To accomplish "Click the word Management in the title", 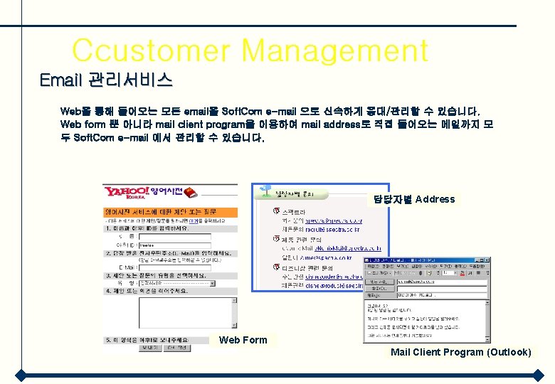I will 335,51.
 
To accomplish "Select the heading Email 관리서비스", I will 106,79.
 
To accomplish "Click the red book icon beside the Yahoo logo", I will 191,192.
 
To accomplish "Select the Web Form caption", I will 243,340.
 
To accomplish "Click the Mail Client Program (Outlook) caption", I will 460,352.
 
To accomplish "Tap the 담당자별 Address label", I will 414,199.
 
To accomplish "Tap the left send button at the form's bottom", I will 148,348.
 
